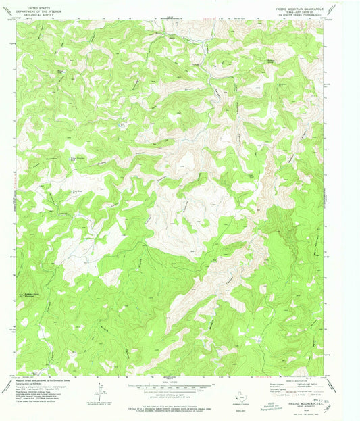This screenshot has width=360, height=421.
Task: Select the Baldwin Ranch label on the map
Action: [35, 275]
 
